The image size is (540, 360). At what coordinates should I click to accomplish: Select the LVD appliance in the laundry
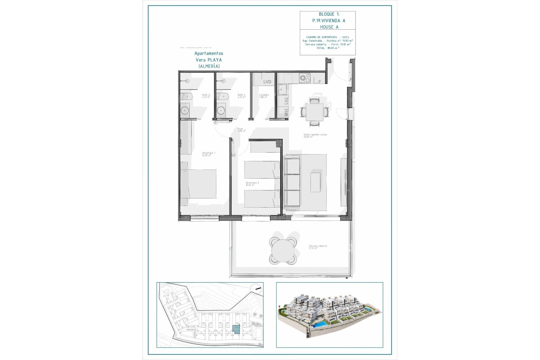click(267, 82)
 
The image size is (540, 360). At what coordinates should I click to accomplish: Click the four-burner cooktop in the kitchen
click(304, 78)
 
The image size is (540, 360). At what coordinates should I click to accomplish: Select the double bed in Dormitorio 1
click(199, 184)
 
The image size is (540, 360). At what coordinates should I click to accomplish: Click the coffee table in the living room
click(315, 182)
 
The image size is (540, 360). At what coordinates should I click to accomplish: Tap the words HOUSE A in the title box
click(329, 27)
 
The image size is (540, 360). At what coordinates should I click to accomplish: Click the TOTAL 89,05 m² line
click(328, 48)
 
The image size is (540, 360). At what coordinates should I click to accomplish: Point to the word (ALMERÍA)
click(209, 66)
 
